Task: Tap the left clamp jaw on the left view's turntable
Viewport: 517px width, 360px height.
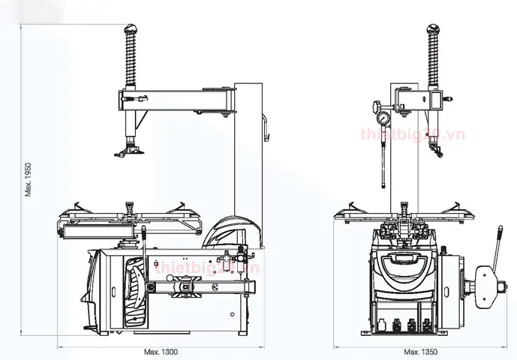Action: click(77, 205)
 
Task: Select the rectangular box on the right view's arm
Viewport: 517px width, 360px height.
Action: click(435, 97)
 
